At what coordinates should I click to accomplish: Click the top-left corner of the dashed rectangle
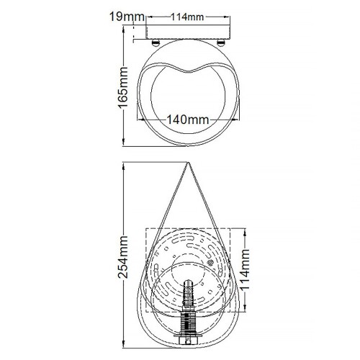[x=146, y=228]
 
